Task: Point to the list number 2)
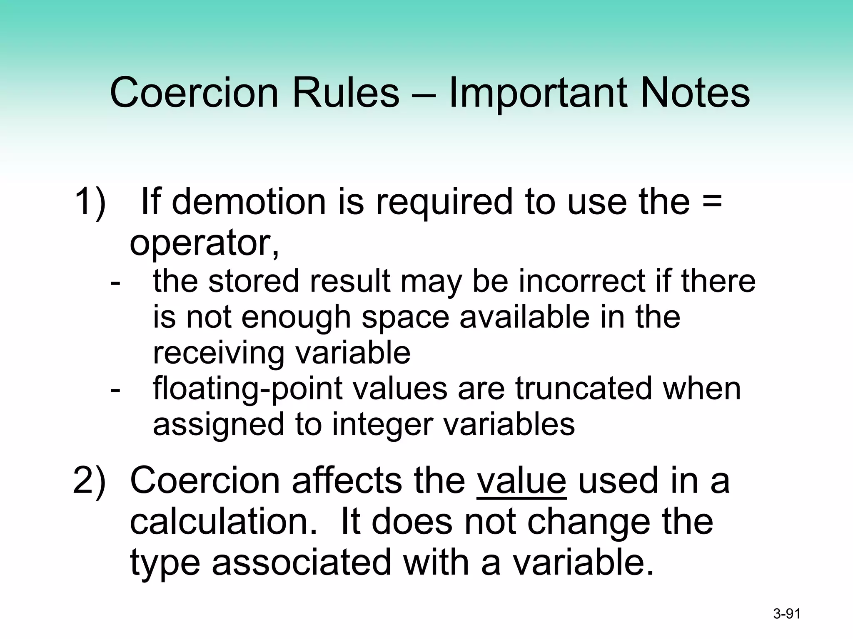[x=90, y=481]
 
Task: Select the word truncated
[x=584, y=389]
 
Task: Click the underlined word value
[x=521, y=481]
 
